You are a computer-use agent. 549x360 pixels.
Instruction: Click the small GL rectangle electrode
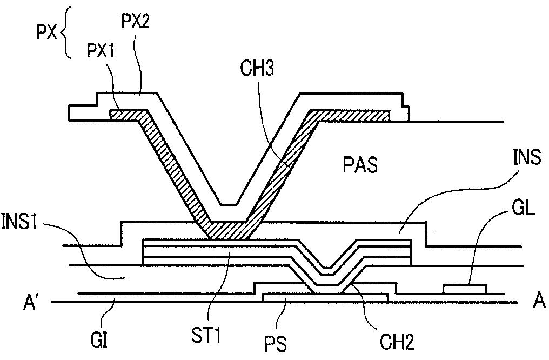(464, 289)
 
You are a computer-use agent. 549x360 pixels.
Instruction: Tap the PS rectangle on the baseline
(325, 297)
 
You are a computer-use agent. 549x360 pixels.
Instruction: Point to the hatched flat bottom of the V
(227, 231)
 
